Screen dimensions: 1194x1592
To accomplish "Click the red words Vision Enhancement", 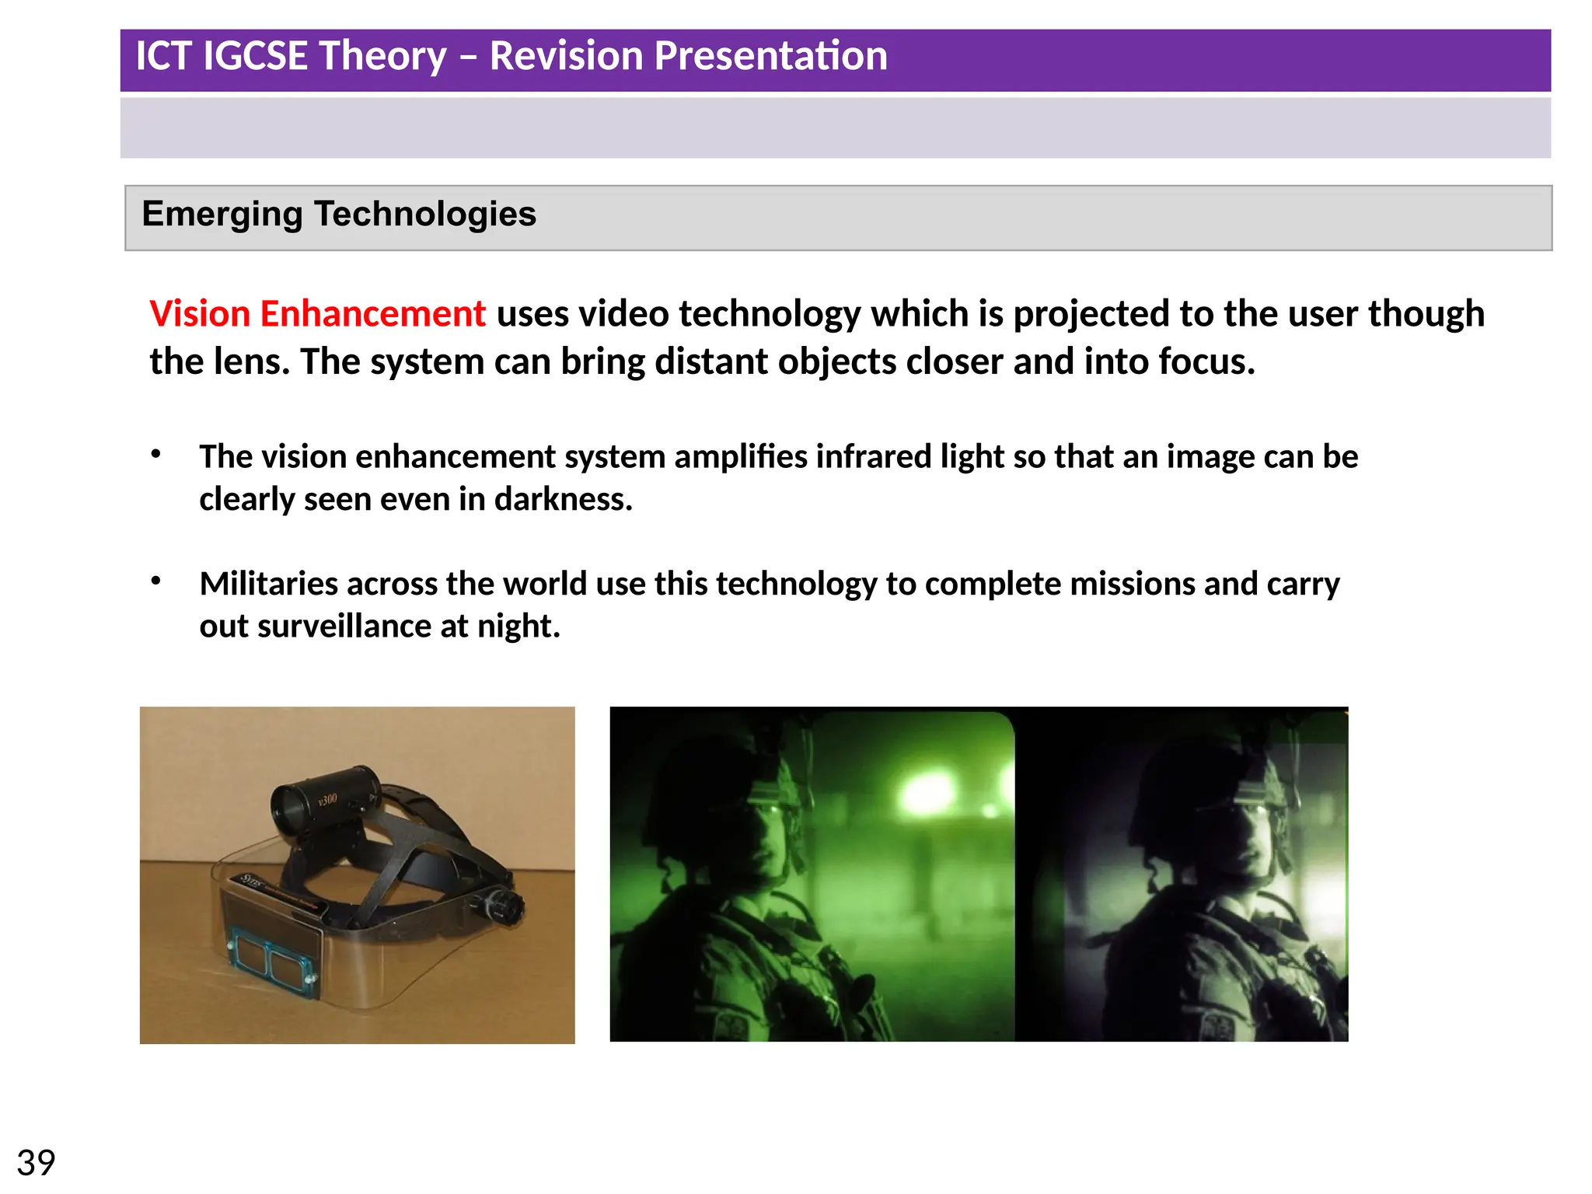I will pos(317,314).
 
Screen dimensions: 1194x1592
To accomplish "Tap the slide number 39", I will pos(36,1163).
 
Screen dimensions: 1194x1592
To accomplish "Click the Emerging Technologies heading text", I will pos(339,214).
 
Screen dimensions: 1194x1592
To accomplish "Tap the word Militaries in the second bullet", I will pos(268,584).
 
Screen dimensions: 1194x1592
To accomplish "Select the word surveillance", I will pos(344,626).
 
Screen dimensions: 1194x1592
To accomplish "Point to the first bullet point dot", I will pos(156,453).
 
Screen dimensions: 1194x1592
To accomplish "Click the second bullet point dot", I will pos(156,580).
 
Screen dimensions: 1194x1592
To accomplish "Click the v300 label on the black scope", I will pos(327,799).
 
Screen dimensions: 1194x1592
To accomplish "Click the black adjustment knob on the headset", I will pos(507,906).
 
